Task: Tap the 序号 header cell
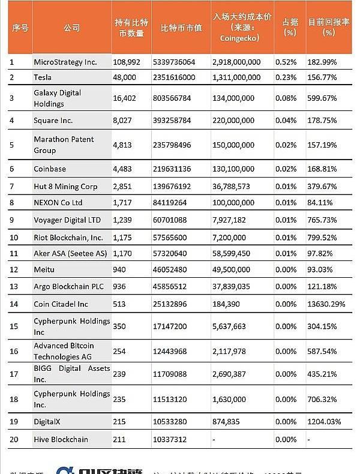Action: click(x=19, y=28)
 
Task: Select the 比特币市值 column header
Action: click(x=182, y=28)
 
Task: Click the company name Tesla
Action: click(x=43, y=77)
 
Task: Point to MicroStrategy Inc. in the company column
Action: click(x=65, y=62)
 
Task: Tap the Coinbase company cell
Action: click(x=50, y=169)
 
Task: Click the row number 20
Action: click(x=14, y=439)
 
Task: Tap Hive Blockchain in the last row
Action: click(x=61, y=439)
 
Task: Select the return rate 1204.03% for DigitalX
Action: click(x=324, y=422)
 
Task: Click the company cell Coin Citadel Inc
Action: click(x=61, y=304)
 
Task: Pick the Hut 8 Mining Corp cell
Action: click(x=65, y=187)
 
